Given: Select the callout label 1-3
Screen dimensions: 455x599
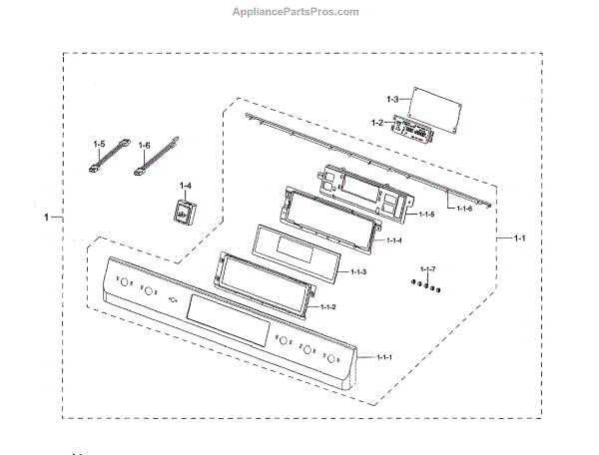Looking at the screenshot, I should pyautogui.click(x=391, y=99).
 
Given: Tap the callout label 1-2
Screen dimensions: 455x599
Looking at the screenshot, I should pyautogui.click(x=377, y=122).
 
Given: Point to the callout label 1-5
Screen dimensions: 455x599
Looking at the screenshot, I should pyautogui.click(x=98, y=145).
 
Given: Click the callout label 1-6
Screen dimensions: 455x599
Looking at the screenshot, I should pyautogui.click(x=144, y=145).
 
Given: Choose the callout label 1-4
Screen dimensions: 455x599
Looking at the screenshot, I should pyautogui.click(x=187, y=186).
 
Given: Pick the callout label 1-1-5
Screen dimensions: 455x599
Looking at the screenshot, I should pyautogui.click(x=426, y=215).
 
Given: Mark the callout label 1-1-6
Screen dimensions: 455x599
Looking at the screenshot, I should pyautogui.click(x=464, y=209).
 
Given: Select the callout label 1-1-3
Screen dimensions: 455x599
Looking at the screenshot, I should pyautogui.click(x=356, y=272).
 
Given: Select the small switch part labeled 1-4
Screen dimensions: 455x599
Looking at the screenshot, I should pyautogui.click(x=183, y=211).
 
